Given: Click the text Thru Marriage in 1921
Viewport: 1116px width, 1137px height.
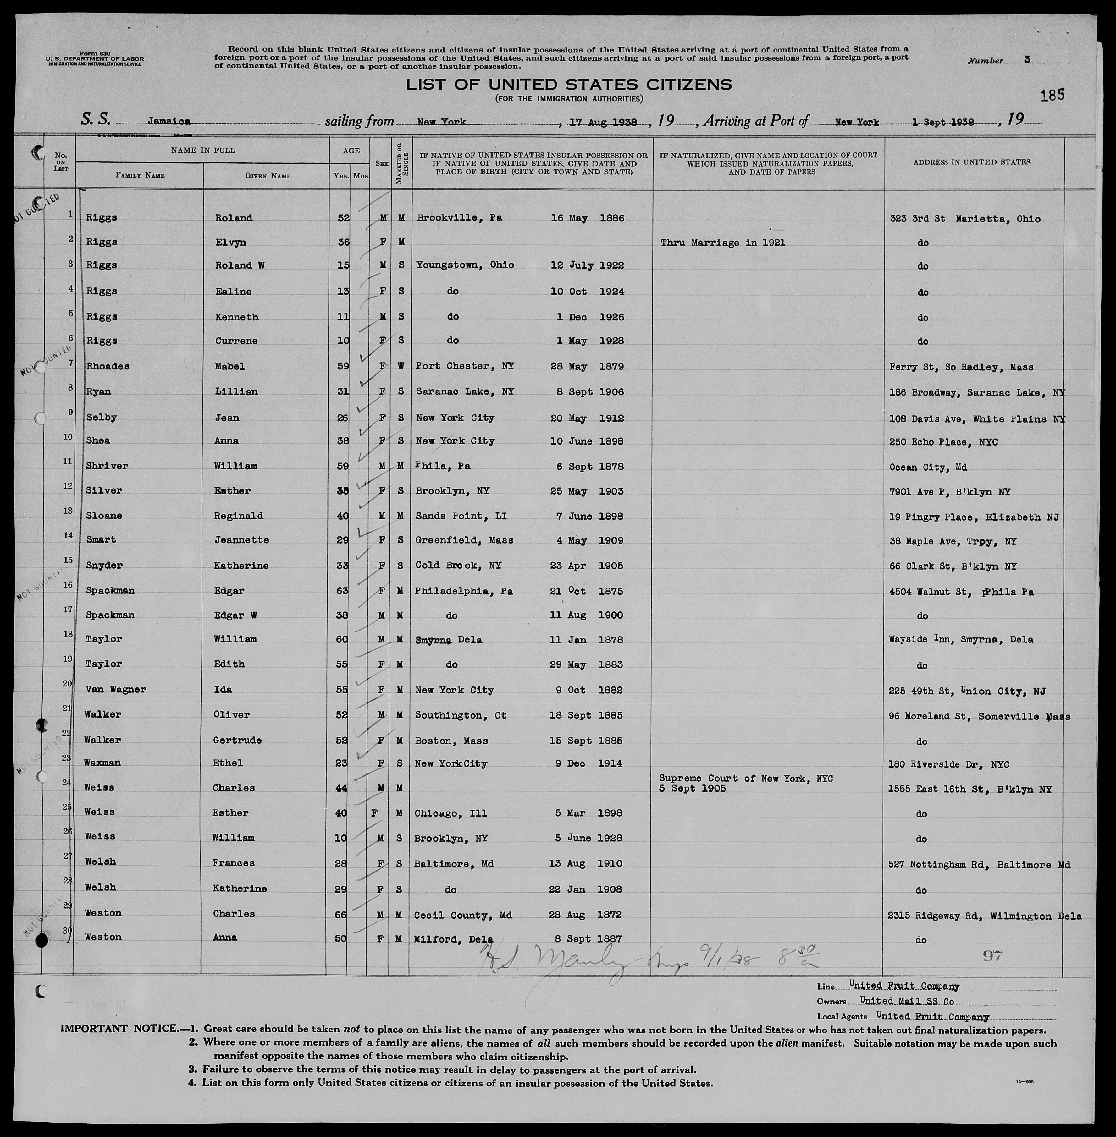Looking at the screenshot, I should (722, 243).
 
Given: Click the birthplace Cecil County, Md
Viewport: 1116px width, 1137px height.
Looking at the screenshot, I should (464, 914).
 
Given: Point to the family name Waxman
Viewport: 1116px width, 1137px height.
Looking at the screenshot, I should (106, 763).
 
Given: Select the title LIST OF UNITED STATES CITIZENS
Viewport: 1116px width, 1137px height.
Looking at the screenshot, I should (569, 85).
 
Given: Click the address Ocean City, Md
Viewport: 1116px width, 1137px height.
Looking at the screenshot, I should (927, 467).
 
